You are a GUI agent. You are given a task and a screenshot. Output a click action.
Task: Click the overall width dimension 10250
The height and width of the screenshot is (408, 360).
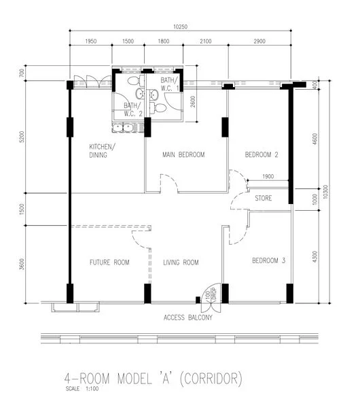click(180, 27)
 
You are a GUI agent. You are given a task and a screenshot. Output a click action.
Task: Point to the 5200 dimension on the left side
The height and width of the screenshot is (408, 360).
click(22, 136)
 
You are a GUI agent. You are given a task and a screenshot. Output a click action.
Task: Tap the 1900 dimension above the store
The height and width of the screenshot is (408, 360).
click(268, 177)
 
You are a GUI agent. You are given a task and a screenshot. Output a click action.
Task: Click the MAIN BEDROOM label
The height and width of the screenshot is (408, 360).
click(183, 155)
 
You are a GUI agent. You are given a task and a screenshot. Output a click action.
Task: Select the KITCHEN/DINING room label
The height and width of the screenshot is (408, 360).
click(103, 151)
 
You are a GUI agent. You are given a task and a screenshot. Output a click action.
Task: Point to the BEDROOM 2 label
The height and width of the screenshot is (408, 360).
click(262, 155)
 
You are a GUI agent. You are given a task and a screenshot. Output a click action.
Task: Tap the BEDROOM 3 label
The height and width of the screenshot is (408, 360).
click(268, 261)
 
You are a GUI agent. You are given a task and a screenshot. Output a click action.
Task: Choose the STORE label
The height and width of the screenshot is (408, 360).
click(263, 199)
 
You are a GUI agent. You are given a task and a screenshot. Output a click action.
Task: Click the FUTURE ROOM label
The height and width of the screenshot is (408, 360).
click(109, 262)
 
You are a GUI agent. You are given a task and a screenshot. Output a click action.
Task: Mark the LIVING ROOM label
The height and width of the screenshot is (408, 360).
click(181, 262)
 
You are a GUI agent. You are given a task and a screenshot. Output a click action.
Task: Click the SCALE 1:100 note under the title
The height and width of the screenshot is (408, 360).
click(78, 390)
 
